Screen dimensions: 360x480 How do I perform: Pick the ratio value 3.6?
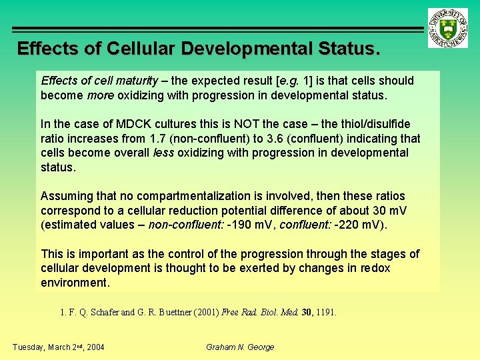click(300, 139)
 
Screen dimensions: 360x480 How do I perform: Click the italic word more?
click(100, 95)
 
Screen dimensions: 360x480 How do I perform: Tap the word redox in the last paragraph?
click(374, 268)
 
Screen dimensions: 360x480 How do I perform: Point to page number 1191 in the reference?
click(326, 311)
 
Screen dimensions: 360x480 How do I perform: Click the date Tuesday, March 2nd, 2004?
click(58, 347)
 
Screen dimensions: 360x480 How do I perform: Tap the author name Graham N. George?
click(240, 347)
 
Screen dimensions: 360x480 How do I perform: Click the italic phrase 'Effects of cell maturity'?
click(99, 81)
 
